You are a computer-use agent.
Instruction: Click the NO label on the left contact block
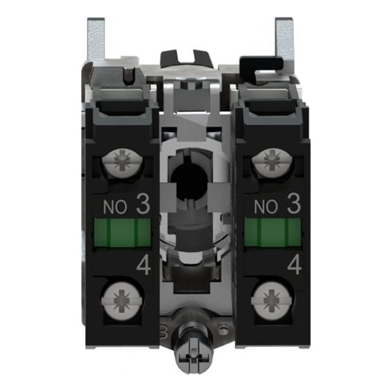(115, 206)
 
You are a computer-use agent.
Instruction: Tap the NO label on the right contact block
(266, 206)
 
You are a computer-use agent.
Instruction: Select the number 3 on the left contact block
(143, 204)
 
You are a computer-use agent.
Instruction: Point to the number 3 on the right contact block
(294, 204)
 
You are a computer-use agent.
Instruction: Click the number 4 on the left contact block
(144, 266)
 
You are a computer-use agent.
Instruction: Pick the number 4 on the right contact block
(295, 266)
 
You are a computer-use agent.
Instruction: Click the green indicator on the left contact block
(122, 232)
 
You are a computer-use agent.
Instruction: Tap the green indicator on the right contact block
(272, 232)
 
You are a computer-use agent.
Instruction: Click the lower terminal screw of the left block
(122, 301)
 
